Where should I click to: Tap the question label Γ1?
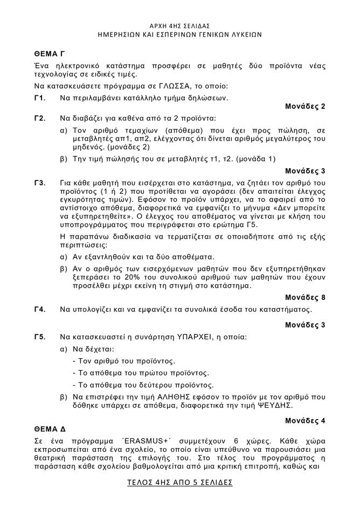[39, 97]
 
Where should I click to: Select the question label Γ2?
[39, 117]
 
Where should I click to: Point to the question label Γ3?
[39, 183]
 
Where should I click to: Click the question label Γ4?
[39, 310]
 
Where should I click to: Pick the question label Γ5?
[39, 337]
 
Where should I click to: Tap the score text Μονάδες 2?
[305, 106]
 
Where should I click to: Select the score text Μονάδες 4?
[305, 420]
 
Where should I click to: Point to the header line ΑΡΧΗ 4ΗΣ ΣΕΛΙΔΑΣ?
[179, 25]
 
